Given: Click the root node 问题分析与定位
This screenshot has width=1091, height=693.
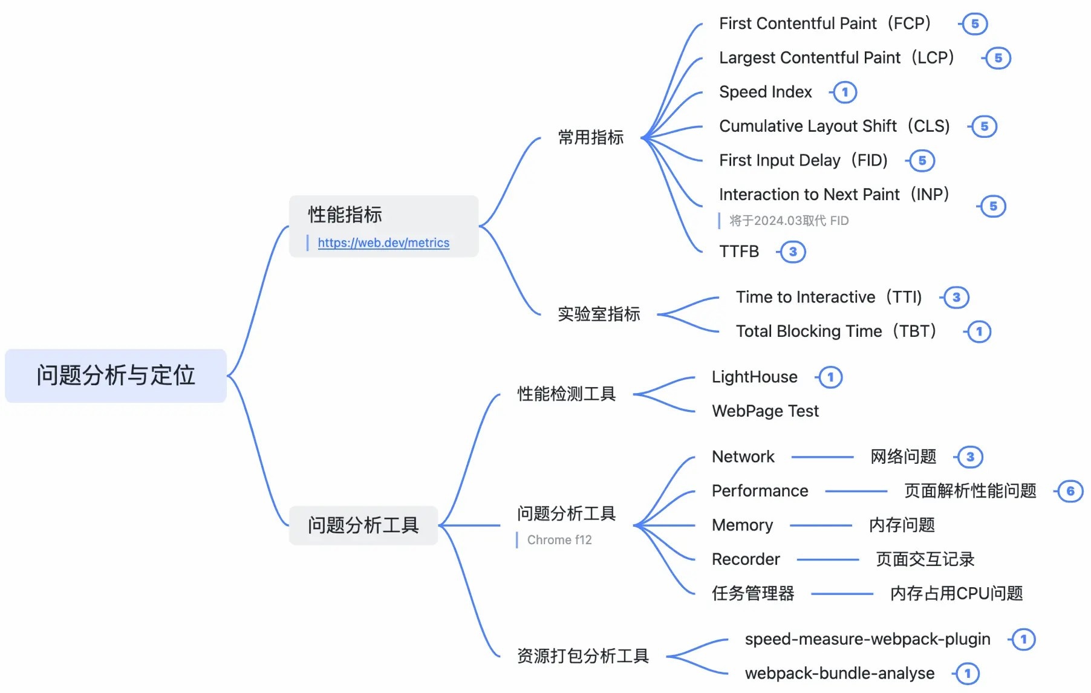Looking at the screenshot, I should [x=116, y=376].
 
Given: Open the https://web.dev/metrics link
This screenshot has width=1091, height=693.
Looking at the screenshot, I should [x=383, y=243].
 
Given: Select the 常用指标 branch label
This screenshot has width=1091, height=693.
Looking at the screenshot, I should [x=590, y=137].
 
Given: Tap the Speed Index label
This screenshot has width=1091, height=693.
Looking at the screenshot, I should [x=765, y=92].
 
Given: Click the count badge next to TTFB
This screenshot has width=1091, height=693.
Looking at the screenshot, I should [x=793, y=252].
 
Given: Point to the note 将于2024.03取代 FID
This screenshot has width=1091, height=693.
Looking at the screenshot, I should [x=789, y=221].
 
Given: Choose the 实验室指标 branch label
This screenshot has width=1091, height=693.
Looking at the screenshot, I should [x=599, y=314].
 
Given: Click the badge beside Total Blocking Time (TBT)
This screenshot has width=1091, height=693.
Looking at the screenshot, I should [x=979, y=331].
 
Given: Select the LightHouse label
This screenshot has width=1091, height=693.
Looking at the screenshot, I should [x=754, y=377].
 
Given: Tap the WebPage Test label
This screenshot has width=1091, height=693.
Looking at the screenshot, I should [x=765, y=411].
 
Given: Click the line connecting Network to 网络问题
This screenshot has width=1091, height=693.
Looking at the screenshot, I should [x=822, y=457].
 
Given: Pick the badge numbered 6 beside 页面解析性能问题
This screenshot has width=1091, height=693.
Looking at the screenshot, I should [x=1070, y=491].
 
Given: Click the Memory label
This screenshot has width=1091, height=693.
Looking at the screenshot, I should [x=742, y=525].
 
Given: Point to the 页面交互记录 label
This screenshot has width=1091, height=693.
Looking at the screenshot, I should [x=925, y=559].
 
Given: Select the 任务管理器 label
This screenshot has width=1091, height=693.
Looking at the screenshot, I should [x=753, y=593].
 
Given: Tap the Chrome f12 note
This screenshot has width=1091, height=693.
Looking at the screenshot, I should [x=559, y=540].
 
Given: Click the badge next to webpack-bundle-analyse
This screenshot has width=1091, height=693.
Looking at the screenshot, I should [x=968, y=673].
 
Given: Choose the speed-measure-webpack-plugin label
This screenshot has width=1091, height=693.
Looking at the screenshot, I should [x=867, y=639].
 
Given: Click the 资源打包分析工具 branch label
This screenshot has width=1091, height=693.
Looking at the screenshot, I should [x=583, y=656].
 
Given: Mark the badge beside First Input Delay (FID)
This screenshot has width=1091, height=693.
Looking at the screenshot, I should [x=922, y=160].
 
